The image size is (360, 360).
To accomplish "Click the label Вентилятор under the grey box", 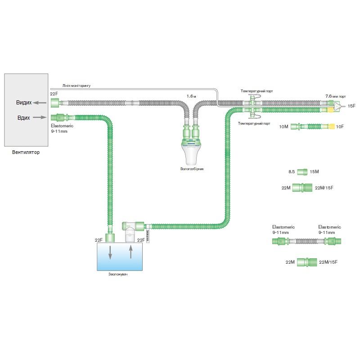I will [26, 153].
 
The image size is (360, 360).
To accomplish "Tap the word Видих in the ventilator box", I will [24, 103].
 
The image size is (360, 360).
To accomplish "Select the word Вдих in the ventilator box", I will [23, 117].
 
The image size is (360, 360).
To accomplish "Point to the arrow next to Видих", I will [40, 103].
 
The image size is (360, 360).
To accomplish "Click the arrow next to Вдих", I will [40, 117].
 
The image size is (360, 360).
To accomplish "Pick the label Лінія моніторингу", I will [76, 85].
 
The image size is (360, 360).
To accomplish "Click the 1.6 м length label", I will [192, 96].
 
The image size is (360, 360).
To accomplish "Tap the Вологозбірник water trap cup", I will [193, 153].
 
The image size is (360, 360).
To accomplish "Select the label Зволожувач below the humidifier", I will [118, 274].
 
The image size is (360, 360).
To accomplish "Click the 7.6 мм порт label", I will [336, 96].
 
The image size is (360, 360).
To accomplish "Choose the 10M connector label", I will [283, 127].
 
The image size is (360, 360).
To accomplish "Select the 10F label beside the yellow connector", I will [339, 127].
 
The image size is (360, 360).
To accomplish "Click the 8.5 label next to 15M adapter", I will [292, 171].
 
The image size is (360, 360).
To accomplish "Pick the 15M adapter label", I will [314, 171].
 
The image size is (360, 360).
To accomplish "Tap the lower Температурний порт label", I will [254, 123].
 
